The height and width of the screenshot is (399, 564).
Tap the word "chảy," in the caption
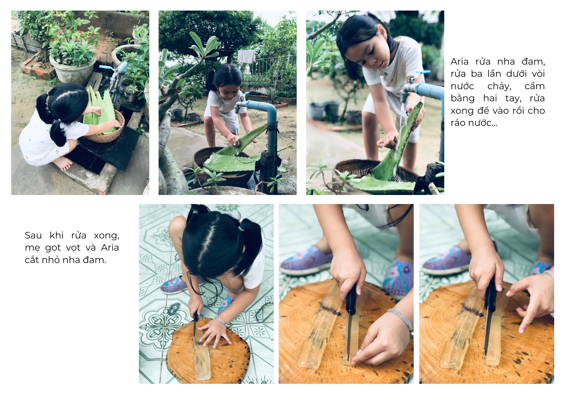[x=499, y=86]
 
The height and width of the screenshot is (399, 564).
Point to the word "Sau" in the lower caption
[x=33, y=235]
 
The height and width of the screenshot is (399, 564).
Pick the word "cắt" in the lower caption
[x=32, y=260]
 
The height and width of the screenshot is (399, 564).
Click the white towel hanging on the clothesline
[x=246, y=57]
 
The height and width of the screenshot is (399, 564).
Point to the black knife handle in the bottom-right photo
[x=490, y=295]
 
